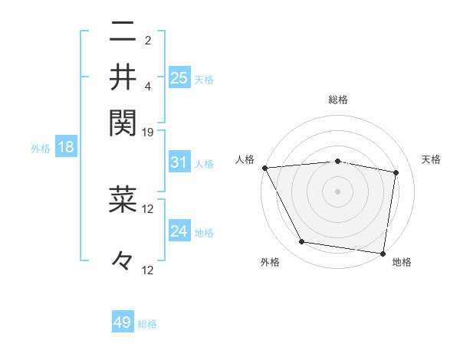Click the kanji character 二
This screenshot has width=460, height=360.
click(x=123, y=33)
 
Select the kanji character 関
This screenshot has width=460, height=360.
click(x=123, y=121)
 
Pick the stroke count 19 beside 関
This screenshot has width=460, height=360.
click(x=148, y=132)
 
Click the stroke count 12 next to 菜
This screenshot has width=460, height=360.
click(x=148, y=208)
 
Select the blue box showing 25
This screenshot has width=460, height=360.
click(x=179, y=77)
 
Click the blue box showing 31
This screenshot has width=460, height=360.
click(x=179, y=162)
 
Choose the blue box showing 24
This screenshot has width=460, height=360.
click(x=179, y=231)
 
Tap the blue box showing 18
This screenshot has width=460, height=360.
click(x=65, y=147)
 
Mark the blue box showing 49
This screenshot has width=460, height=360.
click(x=123, y=322)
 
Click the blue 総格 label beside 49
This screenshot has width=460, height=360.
click(x=147, y=324)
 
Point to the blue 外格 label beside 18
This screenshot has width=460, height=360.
click(x=40, y=149)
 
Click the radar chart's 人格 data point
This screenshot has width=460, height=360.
click(x=264, y=168)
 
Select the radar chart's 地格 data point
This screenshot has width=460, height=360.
click(x=383, y=253)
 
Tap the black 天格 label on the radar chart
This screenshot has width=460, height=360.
click(x=432, y=159)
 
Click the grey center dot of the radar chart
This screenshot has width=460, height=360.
click(x=337, y=191)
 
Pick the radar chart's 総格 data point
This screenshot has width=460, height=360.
click(x=337, y=161)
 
